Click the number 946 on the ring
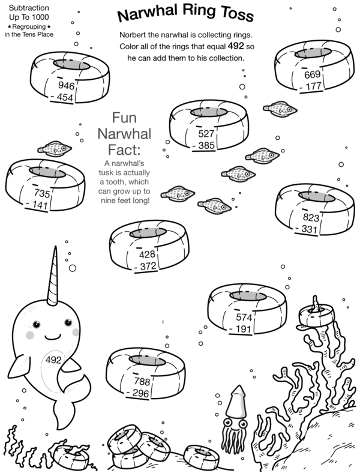click(66, 86)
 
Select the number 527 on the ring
click(206, 134)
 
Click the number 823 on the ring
click(311, 217)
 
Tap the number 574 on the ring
click(244, 318)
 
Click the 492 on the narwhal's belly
click(53, 360)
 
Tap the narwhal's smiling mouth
click(53, 337)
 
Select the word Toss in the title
click(237, 14)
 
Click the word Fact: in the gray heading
click(124, 149)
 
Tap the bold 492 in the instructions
click(236, 46)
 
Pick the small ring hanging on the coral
click(316, 316)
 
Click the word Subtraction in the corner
click(29, 8)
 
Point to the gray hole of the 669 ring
click(313, 53)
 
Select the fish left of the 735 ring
click(55, 148)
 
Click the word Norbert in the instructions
click(133, 35)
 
